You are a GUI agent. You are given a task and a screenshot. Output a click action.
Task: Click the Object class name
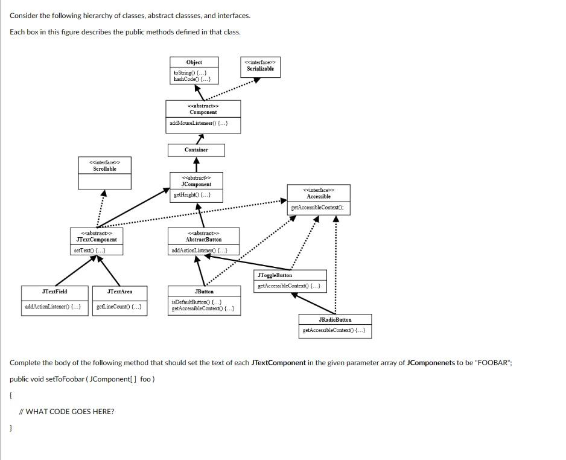tap(194, 62)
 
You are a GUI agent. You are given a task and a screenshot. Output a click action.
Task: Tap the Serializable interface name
tap(260, 69)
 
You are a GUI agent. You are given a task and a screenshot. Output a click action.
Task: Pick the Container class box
tap(196, 150)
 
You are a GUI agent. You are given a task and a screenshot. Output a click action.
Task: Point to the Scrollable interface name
tap(104, 169)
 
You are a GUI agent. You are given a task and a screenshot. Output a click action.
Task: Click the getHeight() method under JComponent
tap(192, 195)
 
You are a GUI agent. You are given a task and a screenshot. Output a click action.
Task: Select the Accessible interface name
tap(318, 197)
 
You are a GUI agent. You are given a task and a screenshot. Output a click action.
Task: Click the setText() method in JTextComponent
tap(89, 250)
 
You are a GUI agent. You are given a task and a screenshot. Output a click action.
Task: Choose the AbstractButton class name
tap(204, 240)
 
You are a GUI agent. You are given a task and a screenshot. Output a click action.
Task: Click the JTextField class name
tap(54, 292)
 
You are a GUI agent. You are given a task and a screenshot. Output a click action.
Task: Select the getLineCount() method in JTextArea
tap(119, 307)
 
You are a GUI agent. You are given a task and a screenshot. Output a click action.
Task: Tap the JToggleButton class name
tap(275, 275)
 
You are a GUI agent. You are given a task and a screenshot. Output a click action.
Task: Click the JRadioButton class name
tap(335, 319)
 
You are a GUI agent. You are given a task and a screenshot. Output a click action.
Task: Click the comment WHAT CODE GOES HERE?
tap(66, 412)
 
